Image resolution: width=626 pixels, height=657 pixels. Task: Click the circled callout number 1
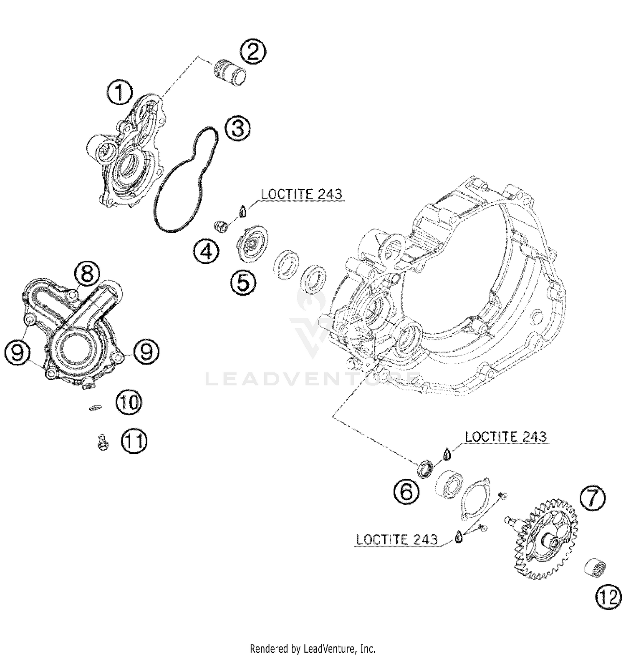click(x=119, y=93)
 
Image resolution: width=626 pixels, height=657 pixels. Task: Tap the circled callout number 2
click(x=252, y=53)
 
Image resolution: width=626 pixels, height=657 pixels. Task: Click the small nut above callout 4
click(x=220, y=227)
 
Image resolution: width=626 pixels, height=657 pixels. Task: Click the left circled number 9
click(x=18, y=353)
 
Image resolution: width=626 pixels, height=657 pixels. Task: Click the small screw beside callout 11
click(x=102, y=442)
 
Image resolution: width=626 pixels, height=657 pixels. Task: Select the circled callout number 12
click(x=608, y=599)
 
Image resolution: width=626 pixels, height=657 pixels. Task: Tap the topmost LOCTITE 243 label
click(x=301, y=194)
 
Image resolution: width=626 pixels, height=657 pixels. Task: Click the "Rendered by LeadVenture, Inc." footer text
click(x=313, y=649)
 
